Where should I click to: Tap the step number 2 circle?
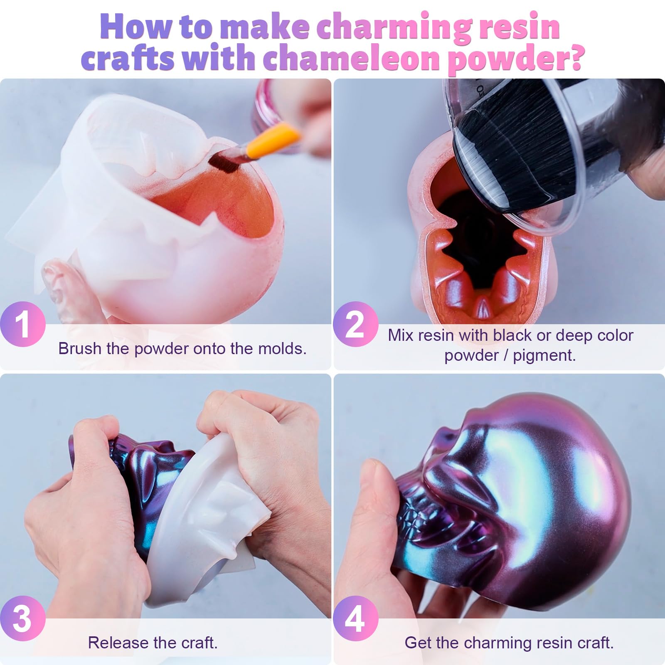356,324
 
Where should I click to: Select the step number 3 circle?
22,618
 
